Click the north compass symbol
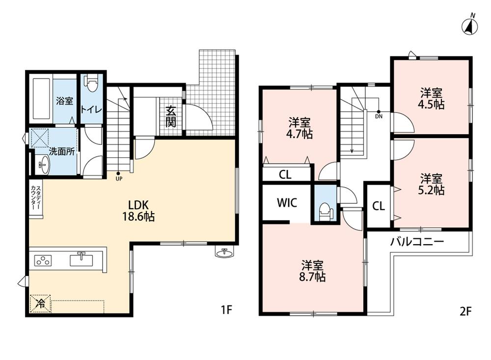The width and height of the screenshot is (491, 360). (470, 26)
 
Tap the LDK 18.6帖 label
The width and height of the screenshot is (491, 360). (138, 210)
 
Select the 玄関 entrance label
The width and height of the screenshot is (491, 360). (171, 116)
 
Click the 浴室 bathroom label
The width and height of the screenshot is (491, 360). (65, 101)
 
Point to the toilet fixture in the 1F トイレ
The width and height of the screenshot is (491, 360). (92, 83)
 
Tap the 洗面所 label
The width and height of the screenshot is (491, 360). (62, 151)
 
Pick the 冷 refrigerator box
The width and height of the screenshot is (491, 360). (40, 303)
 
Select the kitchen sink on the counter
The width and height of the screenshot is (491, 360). (82, 260)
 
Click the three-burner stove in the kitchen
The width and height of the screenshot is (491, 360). (43, 260)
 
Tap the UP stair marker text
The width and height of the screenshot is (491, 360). (119, 179)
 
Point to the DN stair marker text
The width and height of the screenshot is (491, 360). (379, 116)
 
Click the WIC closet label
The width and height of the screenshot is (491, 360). (287, 203)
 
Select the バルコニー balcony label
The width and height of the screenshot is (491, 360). (417, 242)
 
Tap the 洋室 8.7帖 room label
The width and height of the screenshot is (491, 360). (312, 271)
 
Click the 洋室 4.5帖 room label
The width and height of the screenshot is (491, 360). (431, 99)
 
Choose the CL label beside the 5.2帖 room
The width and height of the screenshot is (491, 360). (379, 206)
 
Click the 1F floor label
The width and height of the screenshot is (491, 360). (226, 310)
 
